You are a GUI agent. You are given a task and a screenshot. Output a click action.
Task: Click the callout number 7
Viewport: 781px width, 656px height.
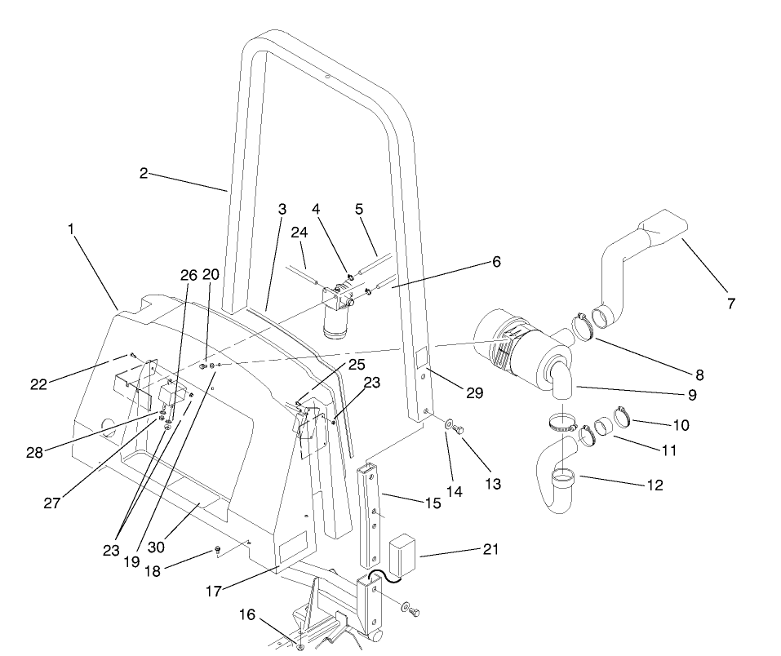click(730, 304)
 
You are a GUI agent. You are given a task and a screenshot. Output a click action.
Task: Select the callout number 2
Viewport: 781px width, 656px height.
click(143, 173)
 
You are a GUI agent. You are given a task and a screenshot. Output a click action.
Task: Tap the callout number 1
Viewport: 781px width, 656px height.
click(73, 230)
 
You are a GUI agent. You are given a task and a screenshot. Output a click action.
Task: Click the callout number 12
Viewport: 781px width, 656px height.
click(654, 485)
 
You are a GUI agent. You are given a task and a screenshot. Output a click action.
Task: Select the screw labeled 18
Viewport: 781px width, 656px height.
click(219, 548)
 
